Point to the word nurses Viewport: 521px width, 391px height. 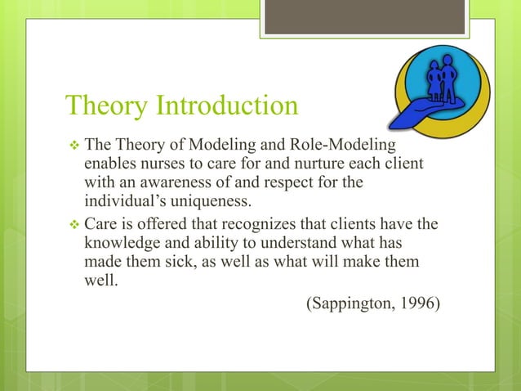point(164,164)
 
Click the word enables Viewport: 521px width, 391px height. point(109,164)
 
